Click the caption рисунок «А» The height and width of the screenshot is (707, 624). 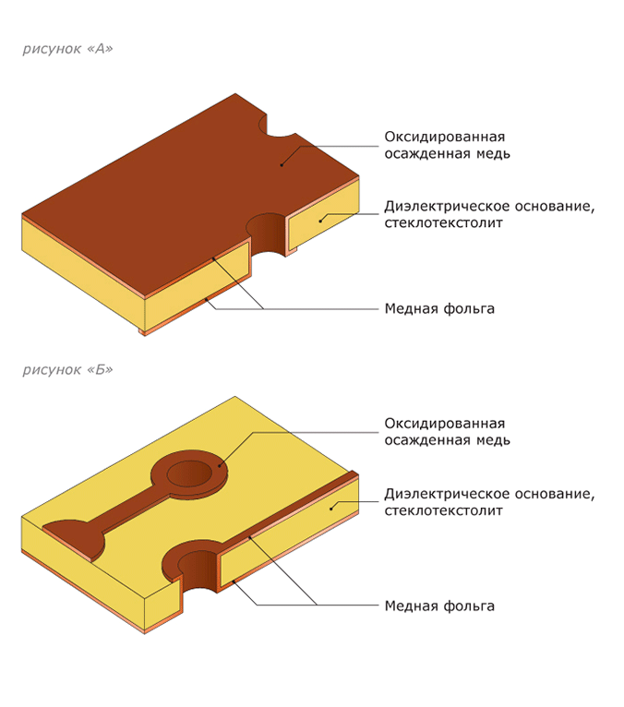(67, 49)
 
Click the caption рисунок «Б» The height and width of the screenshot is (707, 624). (67, 370)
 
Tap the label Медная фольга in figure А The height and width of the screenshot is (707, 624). (439, 309)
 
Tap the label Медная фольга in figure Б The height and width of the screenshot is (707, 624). (439, 606)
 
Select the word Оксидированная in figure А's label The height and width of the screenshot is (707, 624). (445, 137)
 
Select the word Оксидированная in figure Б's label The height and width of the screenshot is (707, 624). (445, 424)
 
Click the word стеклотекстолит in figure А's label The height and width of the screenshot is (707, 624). (444, 222)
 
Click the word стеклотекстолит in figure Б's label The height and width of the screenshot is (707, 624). (444, 510)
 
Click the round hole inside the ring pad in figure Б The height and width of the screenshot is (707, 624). (189, 473)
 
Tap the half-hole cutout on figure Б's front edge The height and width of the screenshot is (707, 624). (198, 569)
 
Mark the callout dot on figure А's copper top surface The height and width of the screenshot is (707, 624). (282, 165)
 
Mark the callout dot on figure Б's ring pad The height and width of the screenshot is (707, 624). (220, 466)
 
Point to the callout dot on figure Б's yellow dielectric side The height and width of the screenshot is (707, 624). (331, 509)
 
